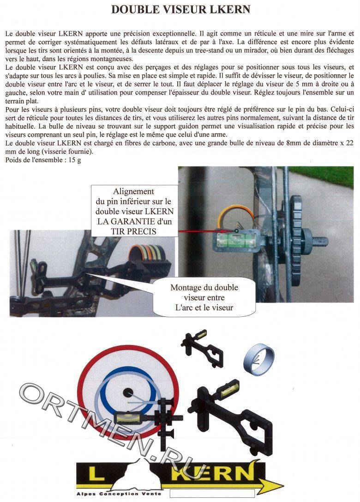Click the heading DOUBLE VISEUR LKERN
pyautogui.click(x=180, y=10)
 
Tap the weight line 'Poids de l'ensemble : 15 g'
pyautogui.click(x=43, y=160)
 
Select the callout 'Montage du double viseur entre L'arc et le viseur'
pyautogui.click(x=204, y=297)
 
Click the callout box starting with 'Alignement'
pyautogui.click(x=134, y=212)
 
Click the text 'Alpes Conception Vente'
pyautogui.click(x=119, y=494)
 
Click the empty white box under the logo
pyautogui.click(x=212, y=494)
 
